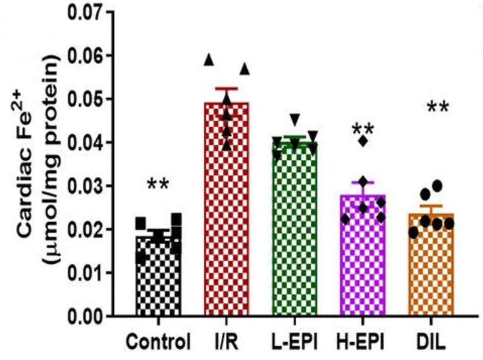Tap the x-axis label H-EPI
[x=364, y=344]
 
